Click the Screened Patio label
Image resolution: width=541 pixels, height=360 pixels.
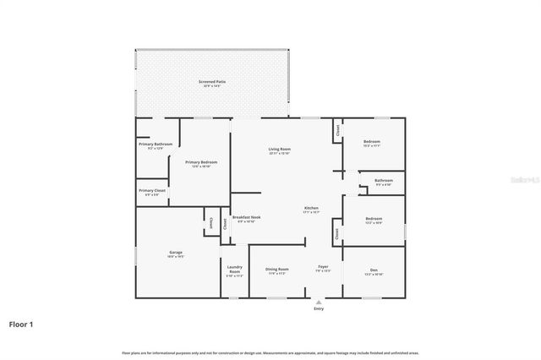pos(212,82)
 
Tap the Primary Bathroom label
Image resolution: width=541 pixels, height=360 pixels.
pos(156,145)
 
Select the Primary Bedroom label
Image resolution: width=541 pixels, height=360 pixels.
pos(201,162)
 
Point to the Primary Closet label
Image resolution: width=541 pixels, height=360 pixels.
pos(152,191)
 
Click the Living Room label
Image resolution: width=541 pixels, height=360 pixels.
pos(280,150)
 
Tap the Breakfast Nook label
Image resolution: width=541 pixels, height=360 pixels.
pos(246,217)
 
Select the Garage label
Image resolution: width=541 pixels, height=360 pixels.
pos(176,253)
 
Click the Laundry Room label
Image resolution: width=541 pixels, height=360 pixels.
pos(234,271)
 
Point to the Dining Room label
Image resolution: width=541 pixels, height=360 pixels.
pos(277,270)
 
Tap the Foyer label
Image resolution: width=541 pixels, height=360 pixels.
pos(323,267)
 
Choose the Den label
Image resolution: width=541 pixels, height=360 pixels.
pos(373,270)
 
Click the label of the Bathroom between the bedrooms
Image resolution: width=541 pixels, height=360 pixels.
pos(384,180)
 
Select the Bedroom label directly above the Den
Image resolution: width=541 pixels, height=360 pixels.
pos(373,219)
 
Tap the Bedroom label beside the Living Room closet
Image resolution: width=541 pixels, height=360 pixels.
pos(372,141)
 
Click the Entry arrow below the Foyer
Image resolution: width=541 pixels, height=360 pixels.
pos(319,301)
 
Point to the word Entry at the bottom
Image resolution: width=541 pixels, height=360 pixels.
pos(319,309)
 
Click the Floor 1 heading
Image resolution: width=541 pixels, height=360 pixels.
pos(22,324)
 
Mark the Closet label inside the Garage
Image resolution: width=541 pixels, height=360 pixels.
pos(210,223)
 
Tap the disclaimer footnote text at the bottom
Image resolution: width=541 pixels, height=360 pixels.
pos(270,352)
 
